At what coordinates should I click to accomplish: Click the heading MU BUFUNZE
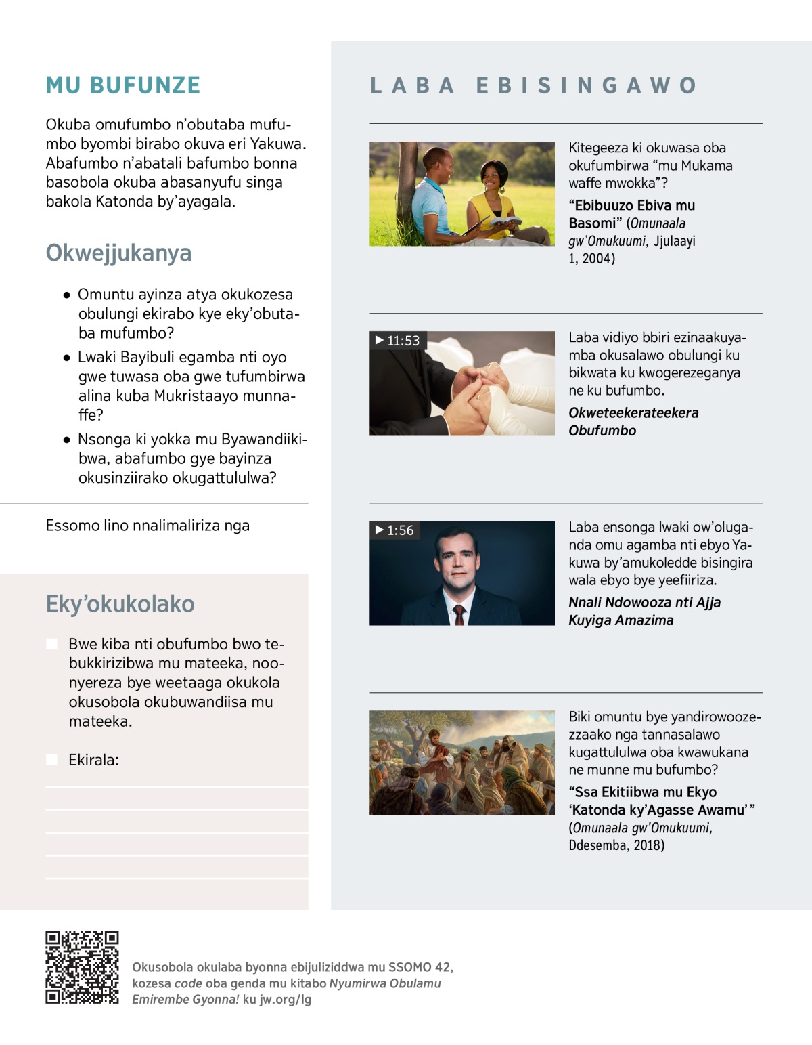click(123, 85)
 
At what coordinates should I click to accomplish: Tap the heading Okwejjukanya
click(118, 253)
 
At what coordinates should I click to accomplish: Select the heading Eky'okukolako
click(120, 603)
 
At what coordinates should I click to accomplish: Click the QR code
click(82, 967)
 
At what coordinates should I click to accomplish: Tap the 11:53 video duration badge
click(398, 340)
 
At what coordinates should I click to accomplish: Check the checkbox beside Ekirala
click(51, 760)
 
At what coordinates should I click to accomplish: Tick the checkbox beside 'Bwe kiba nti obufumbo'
click(51, 644)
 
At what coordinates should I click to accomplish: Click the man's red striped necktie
click(459, 614)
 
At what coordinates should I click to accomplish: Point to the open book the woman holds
click(504, 222)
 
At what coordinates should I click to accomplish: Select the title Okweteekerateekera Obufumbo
click(633, 421)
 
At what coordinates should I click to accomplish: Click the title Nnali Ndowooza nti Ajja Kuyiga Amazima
click(644, 611)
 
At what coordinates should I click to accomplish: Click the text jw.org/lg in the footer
click(286, 999)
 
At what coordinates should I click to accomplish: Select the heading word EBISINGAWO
click(586, 85)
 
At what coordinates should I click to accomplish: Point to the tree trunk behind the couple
click(407, 183)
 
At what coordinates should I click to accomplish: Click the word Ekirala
click(93, 760)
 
